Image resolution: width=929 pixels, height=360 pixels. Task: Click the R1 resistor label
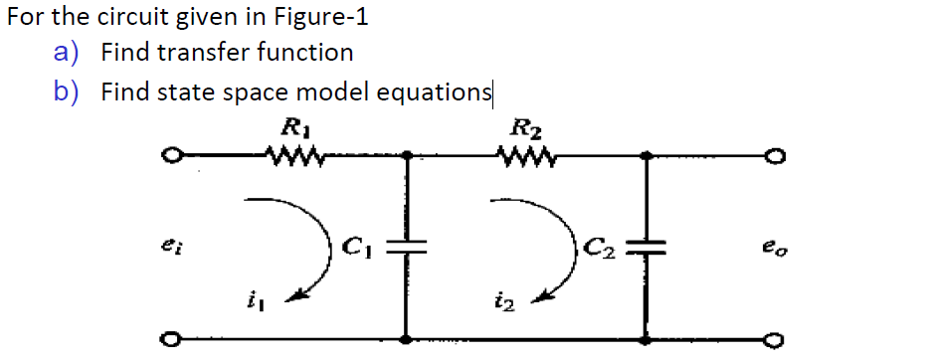pos(292,127)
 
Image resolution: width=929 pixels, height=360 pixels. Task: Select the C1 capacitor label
pos(355,245)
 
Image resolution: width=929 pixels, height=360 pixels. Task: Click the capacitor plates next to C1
pos(406,249)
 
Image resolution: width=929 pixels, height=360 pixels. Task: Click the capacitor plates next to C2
pos(648,249)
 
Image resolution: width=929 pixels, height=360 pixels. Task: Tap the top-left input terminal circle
pos(172,156)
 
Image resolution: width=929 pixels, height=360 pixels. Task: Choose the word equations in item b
pos(436,92)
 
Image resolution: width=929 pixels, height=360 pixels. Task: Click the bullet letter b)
pos(67,92)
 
